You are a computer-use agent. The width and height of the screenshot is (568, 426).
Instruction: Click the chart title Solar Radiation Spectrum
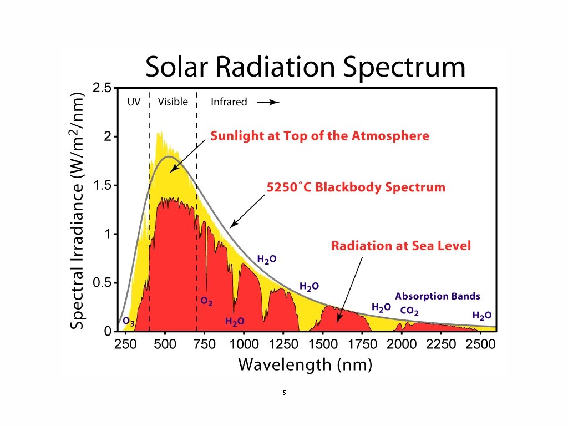pyautogui.click(x=305, y=68)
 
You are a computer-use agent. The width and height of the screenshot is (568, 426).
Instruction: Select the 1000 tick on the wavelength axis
pyautogui.click(x=244, y=344)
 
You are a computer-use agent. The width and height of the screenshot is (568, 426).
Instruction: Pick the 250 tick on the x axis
pyautogui.click(x=126, y=344)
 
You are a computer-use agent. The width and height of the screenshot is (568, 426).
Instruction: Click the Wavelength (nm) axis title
pyautogui.click(x=305, y=364)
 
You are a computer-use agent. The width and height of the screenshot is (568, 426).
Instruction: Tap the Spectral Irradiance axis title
pyautogui.click(x=78, y=211)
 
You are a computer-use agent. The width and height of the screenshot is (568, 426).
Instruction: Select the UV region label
pyautogui.click(x=134, y=102)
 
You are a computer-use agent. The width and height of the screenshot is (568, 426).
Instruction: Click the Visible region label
pyautogui.click(x=173, y=102)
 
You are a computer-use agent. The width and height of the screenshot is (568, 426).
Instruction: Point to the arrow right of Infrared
pyautogui.click(x=267, y=103)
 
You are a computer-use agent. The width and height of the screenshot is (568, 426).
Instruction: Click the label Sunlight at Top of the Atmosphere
pyautogui.click(x=319, y=136)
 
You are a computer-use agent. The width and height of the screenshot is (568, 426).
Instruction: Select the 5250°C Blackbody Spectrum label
pyautogui.click(x=356, y=187)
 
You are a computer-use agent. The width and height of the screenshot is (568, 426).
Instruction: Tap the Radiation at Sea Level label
pyautogui.click(x=400, y=245)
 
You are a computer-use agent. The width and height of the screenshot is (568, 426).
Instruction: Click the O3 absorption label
pyautogui.click(x=129, y=321)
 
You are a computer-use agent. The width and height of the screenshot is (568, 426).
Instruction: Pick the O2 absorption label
pyautogui.click(x=206, y=302)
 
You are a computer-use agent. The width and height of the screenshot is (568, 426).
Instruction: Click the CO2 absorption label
pyautogui.click(x=409, y=311)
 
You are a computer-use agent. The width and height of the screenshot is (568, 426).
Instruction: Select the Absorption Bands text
pyautogui.click(x=438, y=296)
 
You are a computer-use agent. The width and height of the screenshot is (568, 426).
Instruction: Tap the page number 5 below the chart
pyautogui.click(x=284, y=393)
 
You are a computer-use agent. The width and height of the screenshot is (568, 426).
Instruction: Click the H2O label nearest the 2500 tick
pyautogui.click(x=481, y=316)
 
